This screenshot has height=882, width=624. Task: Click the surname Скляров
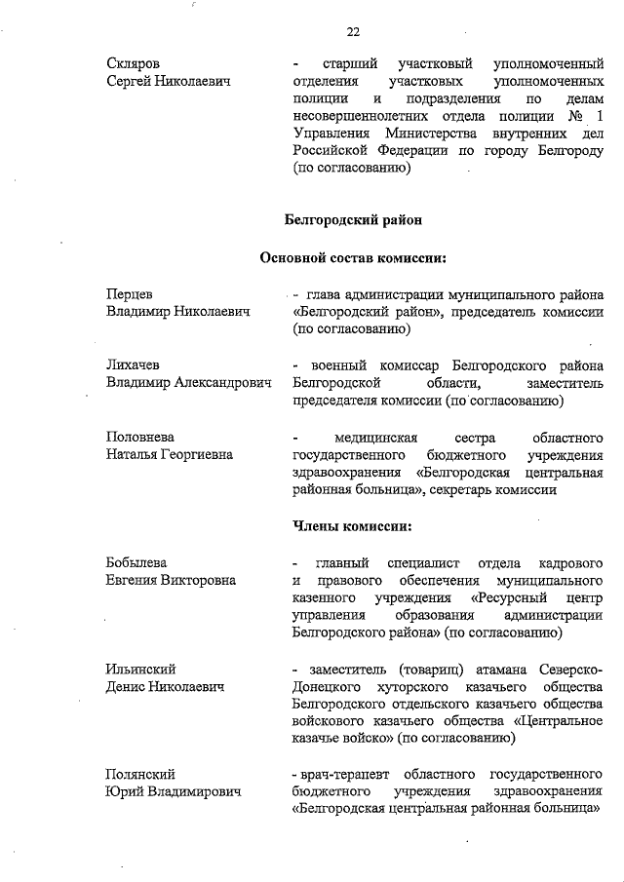pos(134,64)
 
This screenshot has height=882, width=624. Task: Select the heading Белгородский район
pos(353,221)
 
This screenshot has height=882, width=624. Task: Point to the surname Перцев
pos(130,294)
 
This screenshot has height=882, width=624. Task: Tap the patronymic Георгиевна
pos(199,454)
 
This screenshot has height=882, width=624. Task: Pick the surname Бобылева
pos(136,563)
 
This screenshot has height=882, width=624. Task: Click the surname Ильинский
pos(140,670)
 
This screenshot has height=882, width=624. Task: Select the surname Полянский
pos(140,774)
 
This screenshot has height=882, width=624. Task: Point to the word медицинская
pos(376,437)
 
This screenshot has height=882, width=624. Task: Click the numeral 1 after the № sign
pos(599,118)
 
